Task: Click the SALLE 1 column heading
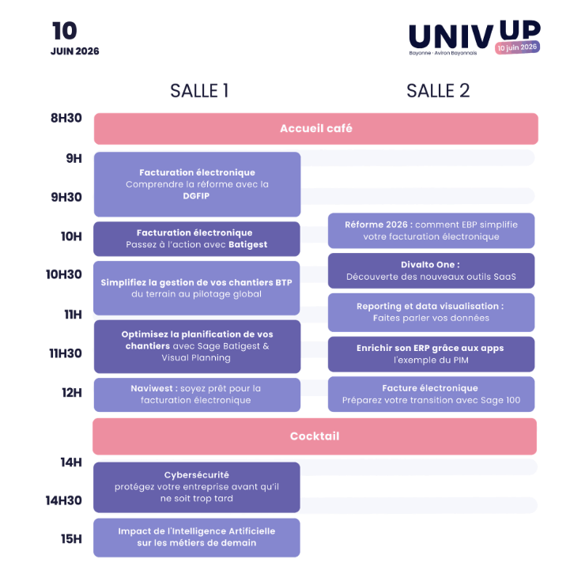pyautogui.click(x=199, y=91)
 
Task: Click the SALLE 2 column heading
pyautogui.click(x=438, y=91)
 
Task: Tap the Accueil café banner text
pyautogui.click(x=316, y=128)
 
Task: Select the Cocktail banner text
pyautogui.click(x=315, y=436)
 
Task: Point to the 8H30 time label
pyautogui.click(x=66, y=118)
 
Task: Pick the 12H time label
pyautogui.click(x=72, y=393)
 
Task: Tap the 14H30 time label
pyautogui.click(x=64, y=500)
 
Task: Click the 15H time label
pyautogui.click(x=72, y=539)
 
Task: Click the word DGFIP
pyautogui.click(x=197, y=196)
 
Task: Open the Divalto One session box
pyautogui.click(x=431, y=270)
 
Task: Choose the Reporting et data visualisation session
pyautogui.click(x=431, y=311)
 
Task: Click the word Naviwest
pyautogui.click(x=152, y=388)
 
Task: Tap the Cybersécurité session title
pyautogui.click(x=197, y=474)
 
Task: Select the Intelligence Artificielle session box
pyautogui.click(x=197, y=537)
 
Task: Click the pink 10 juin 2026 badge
pyautogui.click(x=518, y=47)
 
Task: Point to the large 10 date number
pyautogui.click(x=65, y=32)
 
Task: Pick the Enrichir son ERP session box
pyautogui.click(x=431, y=353)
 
